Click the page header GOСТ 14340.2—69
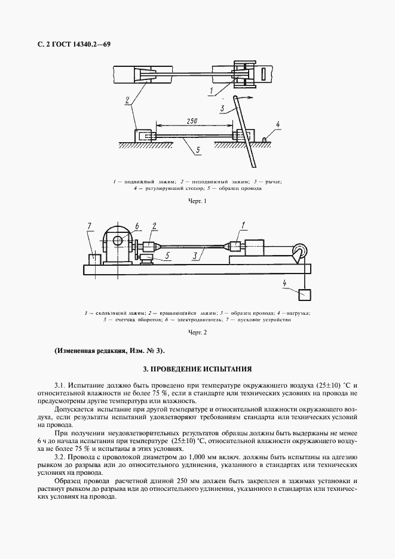[70, 45]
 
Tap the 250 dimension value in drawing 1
[192, 121]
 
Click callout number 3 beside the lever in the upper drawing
[222, 109]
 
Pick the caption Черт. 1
[197, 201]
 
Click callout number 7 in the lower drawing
[89, 225]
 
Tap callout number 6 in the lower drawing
[137, 225]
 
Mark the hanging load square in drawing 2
[305, 295]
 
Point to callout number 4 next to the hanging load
[285, 283]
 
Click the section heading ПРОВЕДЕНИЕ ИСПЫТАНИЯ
[197, 370]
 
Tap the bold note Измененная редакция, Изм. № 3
[108, 351]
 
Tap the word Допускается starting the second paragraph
[73, 410]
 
